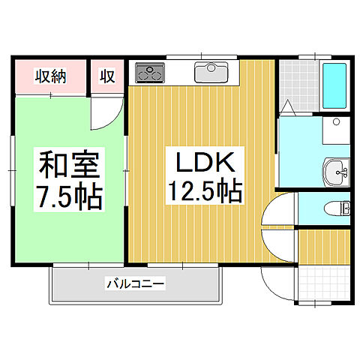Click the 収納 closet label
(x=50, y=76)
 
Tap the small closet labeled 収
(x=108, y=76)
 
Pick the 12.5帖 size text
(x=200, y=193)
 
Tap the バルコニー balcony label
(x=135, y=284)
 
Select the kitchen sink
(x=215, y=73)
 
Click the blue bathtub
(x=334, y=86)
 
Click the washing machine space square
(x=337, y=130)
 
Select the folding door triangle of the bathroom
(x=289, y=109)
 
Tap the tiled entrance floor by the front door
(x=324, y=282)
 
